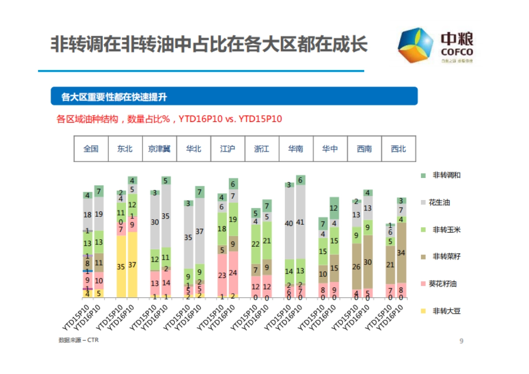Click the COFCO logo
(435, 46)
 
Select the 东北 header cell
(125, 149)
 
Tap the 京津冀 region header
(159, 149)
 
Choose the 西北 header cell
(399, 149)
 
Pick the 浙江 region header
(261, 149)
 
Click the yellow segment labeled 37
(132, 265)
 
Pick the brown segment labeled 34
(401, 252)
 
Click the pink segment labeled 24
(233, 273)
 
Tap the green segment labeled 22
(256, 244)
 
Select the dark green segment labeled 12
(334, 208)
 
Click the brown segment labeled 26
(356, 267)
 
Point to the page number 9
(461, 341)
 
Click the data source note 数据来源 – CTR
(78, 340)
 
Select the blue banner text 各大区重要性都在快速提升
(114, 96)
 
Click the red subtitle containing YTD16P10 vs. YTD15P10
(169, 119)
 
